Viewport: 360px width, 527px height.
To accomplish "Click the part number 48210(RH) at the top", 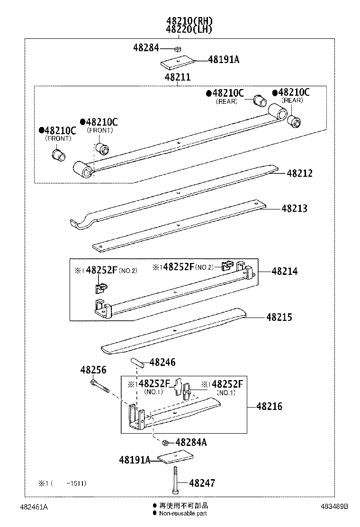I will click(x=189, y=21).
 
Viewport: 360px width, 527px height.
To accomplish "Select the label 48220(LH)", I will click(x=189, y=29).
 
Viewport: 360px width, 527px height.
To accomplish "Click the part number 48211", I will click(x=178, y=77).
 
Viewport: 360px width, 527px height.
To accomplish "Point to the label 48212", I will click(x=299, y=173).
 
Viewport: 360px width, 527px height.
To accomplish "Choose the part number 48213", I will click(x=294, y=208).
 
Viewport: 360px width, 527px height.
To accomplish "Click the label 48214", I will click(x=285, y=271).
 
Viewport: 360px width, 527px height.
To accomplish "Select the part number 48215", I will click(x=279, y=317).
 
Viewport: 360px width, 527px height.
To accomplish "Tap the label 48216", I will click(x=269, y=406).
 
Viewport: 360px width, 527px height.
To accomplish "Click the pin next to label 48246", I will click(x=138, y=363).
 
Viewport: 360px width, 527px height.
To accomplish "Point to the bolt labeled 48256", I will click(x=99, y=386).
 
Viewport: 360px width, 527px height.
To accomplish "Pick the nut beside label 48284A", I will click(x=165, y=443).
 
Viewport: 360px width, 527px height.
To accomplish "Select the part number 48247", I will click(x=202, y=483).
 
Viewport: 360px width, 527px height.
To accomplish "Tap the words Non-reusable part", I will click(x=183, y=513).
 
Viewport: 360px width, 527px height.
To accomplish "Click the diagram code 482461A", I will click(x=34, y=507).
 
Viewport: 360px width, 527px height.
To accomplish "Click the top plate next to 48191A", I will click(x=179, y=62).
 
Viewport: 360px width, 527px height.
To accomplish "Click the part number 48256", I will click(x=93, y=370).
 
